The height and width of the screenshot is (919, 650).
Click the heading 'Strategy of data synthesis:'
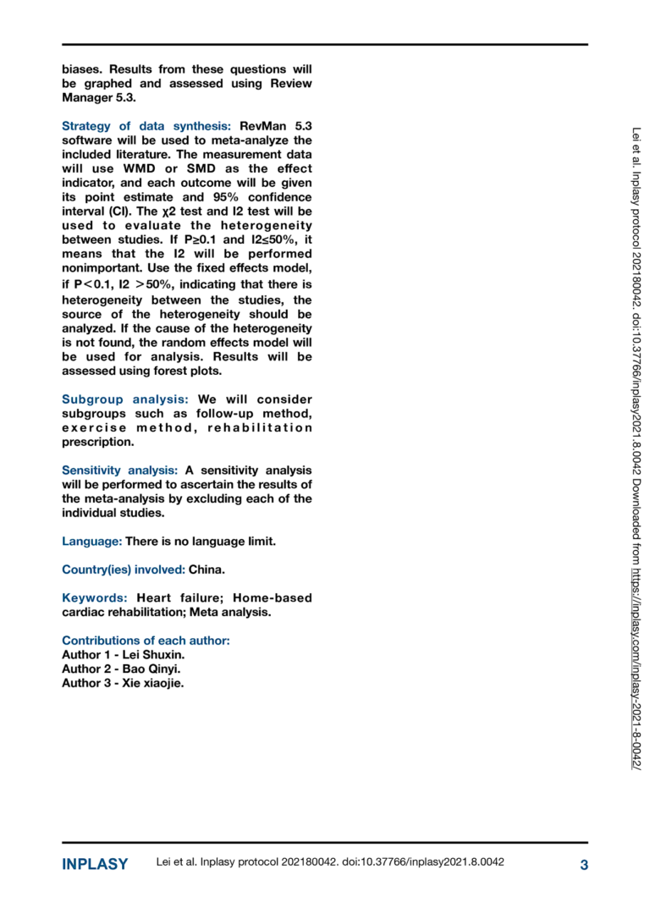(146, 126)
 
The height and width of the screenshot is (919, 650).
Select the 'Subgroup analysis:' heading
(125, 399)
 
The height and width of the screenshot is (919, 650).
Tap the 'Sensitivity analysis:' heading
(119, 471)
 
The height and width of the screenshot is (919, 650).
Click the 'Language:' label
(92, 541)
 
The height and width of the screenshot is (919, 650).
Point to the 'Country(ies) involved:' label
(124, 570)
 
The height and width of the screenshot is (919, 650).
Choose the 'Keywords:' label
(95, 598)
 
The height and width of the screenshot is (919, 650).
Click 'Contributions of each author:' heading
(146, 641)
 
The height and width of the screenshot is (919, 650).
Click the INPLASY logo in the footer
(95, 864)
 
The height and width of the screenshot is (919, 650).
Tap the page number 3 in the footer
(584, 864)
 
